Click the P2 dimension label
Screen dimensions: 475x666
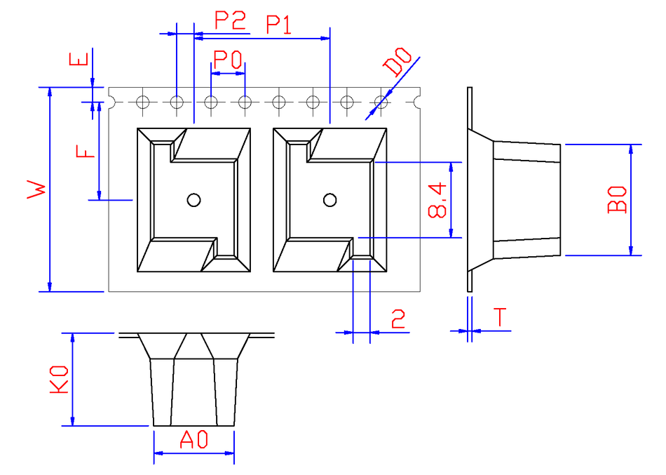pyautogui.click(x=231, y=20)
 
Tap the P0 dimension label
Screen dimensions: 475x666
pyautogui.click(x=227, y=60)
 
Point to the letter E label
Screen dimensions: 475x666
pyautogui.click(x=79, y=60)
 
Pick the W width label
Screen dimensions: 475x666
pyautogui.click(x=36, y=189)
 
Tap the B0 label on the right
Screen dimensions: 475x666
pyautogui.click(x=618, y=199)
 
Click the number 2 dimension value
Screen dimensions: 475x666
pyautogui.click(x=398, y=320)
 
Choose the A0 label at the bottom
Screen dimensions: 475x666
pyautogui.click(x=194, y=441)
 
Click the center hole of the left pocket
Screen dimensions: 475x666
pyautogui.click(x=193, y=200)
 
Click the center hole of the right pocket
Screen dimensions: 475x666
pyautogui.click(x=329, y=200)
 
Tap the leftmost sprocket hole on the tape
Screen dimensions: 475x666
pyautogui.click(x=143, y=102)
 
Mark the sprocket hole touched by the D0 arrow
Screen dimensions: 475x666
pyautogui.click(x=381, y=102)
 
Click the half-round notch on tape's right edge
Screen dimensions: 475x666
pyautogui.click(x=418, y=102)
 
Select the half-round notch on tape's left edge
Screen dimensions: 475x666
pyautogui.click(x=111, y=102)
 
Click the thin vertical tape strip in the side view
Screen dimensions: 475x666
pyautogui.click(x=470, y=189)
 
